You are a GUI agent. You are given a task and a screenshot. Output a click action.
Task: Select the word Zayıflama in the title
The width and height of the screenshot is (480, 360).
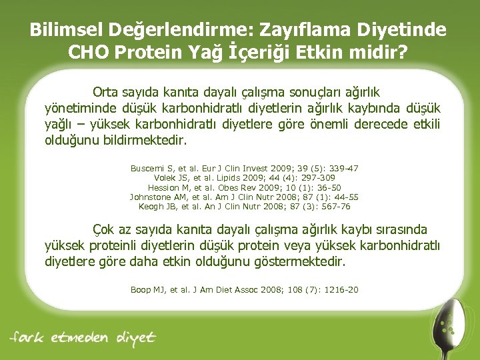coord(304,30)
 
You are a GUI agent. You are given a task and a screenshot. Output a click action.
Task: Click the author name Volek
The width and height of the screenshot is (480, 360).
coord(157,178)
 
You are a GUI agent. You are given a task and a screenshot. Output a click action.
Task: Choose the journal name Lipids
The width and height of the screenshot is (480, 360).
coord(221,178)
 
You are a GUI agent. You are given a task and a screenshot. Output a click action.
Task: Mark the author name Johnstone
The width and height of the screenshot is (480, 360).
coord(152,197)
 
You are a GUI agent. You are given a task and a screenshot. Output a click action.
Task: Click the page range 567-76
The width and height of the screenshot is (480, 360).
coord(335,207)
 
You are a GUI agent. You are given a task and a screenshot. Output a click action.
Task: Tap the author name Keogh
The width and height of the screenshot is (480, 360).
coord(151,207)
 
